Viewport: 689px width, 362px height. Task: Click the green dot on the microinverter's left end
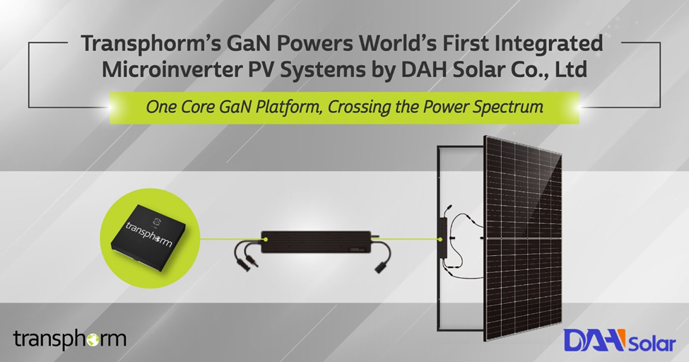coord(266,239)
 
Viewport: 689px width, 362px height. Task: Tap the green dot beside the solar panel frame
coord(440,240)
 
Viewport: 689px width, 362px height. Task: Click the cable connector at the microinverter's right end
coord(380,267)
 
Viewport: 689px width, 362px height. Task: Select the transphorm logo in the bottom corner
coord(70,339)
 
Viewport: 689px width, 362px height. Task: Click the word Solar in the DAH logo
coord(652,344)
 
